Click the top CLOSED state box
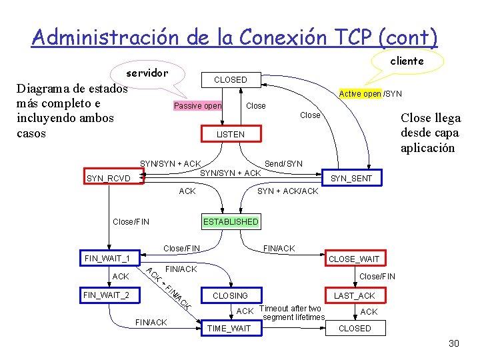(230, 80)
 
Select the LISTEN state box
(230, 135)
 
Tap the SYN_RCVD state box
(111, 178)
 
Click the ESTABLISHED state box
(231, 221)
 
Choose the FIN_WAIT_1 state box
(107, 258)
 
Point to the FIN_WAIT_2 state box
(107, 295)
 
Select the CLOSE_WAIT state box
(354, 259)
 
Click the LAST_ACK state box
(354, 295)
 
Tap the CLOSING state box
(229, 295)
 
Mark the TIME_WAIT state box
(229, 329)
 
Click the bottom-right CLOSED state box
(355, 329)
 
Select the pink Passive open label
(197, 106)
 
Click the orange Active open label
(360, 94)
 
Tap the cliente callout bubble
(407, 61)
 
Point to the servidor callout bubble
(147, 73)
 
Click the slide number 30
(454, 343)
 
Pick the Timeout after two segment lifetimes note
(292, 313)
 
